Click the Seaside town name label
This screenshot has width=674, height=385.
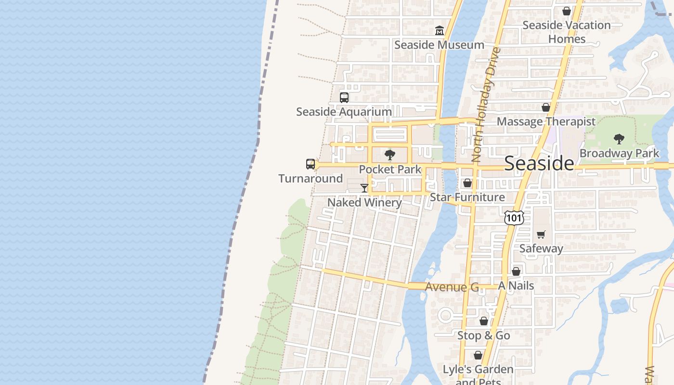[x=539, y=164]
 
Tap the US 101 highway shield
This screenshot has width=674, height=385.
[x=514, y=218]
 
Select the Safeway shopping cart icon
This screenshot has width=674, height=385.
[x=541, y=235]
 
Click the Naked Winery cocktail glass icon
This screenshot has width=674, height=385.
[x=364, y=188]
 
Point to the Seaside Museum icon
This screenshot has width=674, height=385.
[x=439, y=31]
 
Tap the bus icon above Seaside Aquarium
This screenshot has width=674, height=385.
[x=344, y=98]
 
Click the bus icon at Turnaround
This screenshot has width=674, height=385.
[x=311, y=164]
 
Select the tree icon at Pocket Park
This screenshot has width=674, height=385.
[x=390, y=155]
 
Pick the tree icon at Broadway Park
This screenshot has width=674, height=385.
[x=619, y=139]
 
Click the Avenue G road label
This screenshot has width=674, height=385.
[x=452, y=287]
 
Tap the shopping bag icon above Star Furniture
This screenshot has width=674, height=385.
[x=467, y=183]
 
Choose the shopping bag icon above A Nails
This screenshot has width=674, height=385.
[x=516, y=272]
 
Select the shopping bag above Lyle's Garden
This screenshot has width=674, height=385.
[x=478, y=356]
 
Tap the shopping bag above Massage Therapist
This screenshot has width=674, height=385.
[x=546, y=108]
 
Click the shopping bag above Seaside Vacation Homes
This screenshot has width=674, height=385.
[x=567, y=11]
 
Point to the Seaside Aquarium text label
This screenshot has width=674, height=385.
[x=344, y=112]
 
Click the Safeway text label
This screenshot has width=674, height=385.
[x=541, y=249]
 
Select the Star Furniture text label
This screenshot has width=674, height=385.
[x=467, y=197]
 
